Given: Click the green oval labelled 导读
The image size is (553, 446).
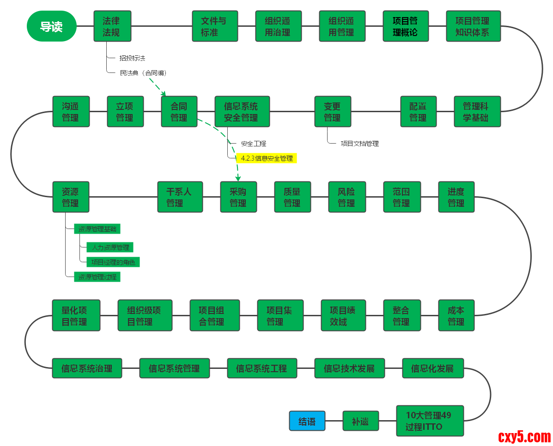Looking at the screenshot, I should click(x=51, y=26).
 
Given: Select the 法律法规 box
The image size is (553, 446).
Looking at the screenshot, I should click(x=112, y=26).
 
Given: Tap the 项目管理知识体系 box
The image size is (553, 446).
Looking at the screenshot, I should click(x=473, y=26).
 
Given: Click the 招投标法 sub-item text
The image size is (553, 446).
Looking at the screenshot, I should click(x=132, y=58).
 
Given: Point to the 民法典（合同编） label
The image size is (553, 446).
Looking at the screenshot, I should click(x=143, y=73).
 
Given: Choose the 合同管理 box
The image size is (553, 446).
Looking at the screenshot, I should click(x=179, y=112).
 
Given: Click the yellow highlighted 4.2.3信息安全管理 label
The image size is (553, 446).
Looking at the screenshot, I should click(x=267, y=158).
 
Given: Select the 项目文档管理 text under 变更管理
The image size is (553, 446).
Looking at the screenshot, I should click(x=359, y=144).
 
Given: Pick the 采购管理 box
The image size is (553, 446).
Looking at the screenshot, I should click(x=238, y=197).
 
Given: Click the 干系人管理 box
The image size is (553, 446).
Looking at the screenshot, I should click(x=180, y=197).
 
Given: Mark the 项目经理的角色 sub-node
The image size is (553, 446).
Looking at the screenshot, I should click(x=113, y=262).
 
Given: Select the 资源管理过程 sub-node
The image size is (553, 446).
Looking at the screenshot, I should click(x=97, y=277).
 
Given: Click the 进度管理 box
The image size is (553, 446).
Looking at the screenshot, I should click(x=456, y=197).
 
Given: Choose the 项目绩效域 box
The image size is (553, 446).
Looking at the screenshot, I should click(x=343, y=316).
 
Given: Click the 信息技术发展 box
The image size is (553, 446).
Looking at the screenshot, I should click(x=349, y=368).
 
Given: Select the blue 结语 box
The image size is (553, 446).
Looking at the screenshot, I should click(x=307, y=421).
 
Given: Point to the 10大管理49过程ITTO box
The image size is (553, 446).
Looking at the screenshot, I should click(x=430, y=421).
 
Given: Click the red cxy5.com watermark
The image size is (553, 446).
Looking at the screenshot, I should click(x=524, y=436).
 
